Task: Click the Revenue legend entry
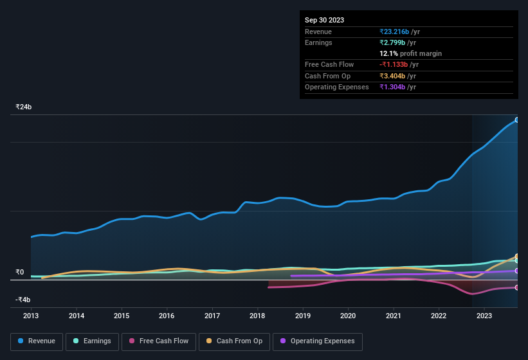click(x=37, y=341)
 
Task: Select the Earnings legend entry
click(x=91, y=341)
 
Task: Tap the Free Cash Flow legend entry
click(x=158, y=341)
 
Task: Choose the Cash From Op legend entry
click(x=233, y=341)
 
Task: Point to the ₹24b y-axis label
click(x=24, y=107)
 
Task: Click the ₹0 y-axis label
click(x=19, y=272)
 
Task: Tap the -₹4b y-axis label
click(x=24, y=300)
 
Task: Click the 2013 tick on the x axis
click(x=31, y=316)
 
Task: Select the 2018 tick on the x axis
click(x=257, y=316)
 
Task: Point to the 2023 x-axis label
click(x=484, y=316)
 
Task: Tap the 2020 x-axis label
click(x=348, y=316)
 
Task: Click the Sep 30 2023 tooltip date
click(x=324, y=20)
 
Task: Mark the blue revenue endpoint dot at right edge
click(x=517, y=120)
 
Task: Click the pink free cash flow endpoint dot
click(x=517, y=287)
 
